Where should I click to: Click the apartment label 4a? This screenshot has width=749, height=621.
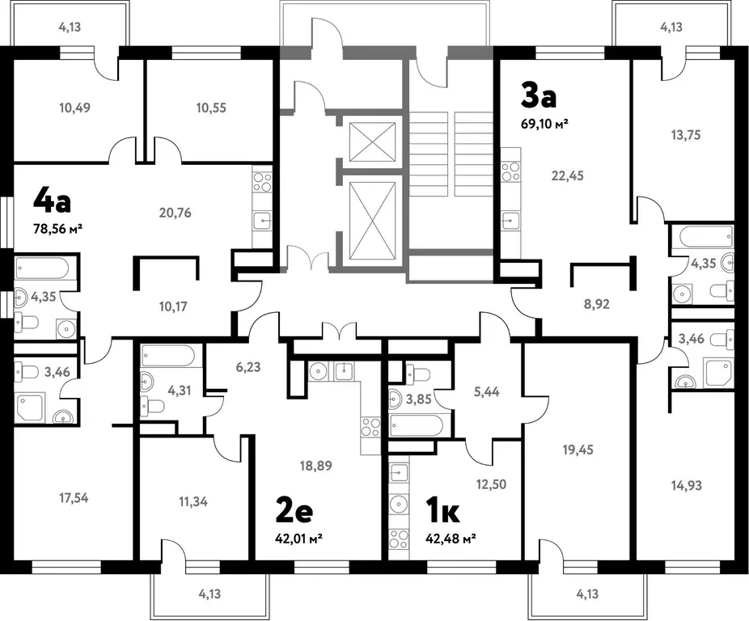tap(52, 201)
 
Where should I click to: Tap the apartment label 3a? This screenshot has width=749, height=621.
tap(539, 96)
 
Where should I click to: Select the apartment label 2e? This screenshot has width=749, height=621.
tap(294, 511)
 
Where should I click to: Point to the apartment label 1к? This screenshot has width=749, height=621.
tap(442, 511)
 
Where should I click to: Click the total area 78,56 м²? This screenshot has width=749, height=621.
tap(57, 230)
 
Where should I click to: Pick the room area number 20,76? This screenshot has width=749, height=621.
tap(175, 213)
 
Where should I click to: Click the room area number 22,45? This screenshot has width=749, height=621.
tap(568, 175)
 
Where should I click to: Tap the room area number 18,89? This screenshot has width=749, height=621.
tap(315, 465)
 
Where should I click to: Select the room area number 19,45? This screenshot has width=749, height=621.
tap(578, 450)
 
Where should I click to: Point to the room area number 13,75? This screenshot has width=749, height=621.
tap(685, 135)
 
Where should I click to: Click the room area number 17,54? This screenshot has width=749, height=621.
tap(74, 498)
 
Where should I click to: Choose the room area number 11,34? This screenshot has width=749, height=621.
tap(193, 501)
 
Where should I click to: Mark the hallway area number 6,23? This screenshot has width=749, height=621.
tap(248, 367)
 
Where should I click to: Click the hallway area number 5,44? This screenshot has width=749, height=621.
tap(487, 391)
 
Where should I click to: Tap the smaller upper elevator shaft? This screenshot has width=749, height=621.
tap(373, 142)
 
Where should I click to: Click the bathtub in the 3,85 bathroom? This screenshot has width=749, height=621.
tap(417, 425)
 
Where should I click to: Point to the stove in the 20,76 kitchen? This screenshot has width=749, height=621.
tap(262, 183)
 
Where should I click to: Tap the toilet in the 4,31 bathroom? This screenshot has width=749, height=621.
tap(153, 407)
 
